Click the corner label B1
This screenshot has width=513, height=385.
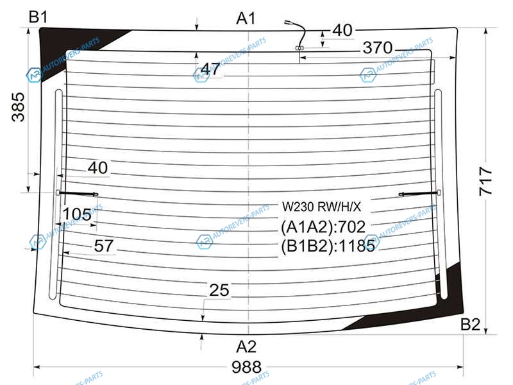tap(38, 17)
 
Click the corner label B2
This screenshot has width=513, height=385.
tap(470, 325)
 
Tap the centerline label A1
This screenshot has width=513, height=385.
tap(246, 19)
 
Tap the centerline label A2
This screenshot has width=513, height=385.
tap(246, 346)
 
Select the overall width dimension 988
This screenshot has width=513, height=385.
tap(246, 367)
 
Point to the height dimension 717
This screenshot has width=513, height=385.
tap(485, 181)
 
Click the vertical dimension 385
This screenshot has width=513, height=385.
tap(18, 107)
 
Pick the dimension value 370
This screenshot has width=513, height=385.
tap(378, 47)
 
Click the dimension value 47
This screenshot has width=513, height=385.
tap(210, 69)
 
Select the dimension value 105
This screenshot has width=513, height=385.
tap(77, 214)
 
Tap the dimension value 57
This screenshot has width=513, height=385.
tap(104, 246)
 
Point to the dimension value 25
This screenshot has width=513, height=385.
tap(219, 290)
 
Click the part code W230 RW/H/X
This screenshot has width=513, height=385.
tap(322, 207)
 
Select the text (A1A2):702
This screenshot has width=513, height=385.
tap(323, 227)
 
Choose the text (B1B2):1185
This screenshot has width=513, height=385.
tap(328, 246)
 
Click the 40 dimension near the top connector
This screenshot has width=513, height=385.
tap(342, 30)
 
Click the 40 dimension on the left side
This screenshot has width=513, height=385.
tap(97, 168)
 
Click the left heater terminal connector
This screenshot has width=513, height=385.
tap(77, 194)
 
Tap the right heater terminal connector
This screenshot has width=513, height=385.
tap(420, 194)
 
